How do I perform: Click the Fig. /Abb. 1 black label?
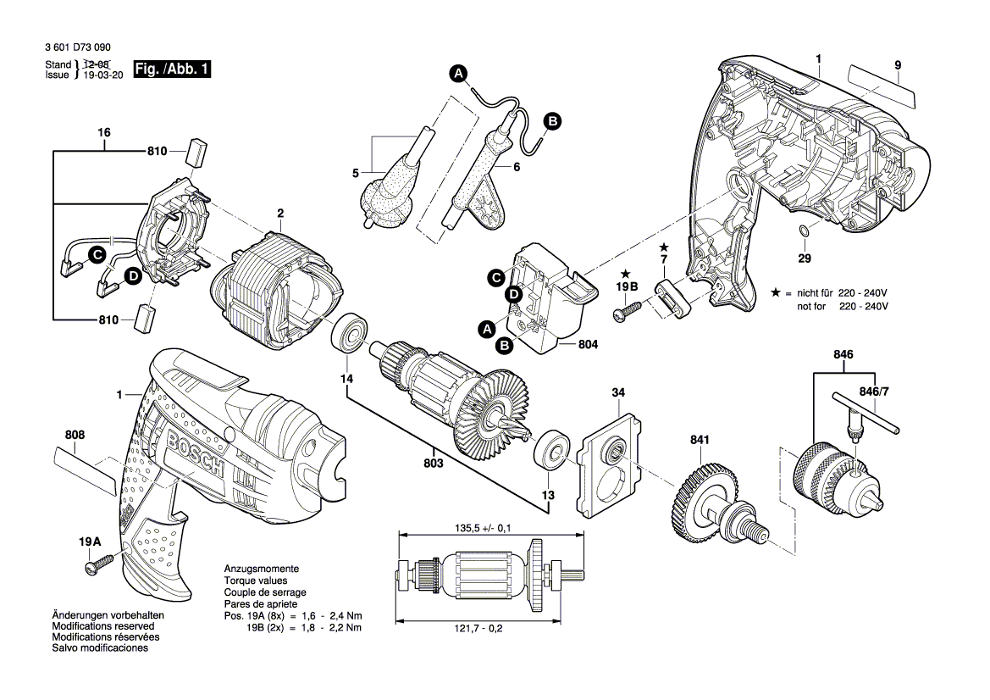(172, 69)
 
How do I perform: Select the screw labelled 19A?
(98, 564)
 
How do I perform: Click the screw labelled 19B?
(627, 312)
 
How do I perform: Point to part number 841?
(699, 440)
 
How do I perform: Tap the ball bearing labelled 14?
(346, 333)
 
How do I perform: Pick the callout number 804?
(588, 344)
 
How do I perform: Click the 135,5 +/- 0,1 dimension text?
(483, 528)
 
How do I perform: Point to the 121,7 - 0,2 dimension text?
(478, 629)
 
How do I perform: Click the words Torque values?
(256, 581)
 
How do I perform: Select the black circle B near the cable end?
(552, 121)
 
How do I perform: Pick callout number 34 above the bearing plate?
(618, 392)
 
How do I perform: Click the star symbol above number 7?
(664, 247)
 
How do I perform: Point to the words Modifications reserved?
(103, 626)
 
